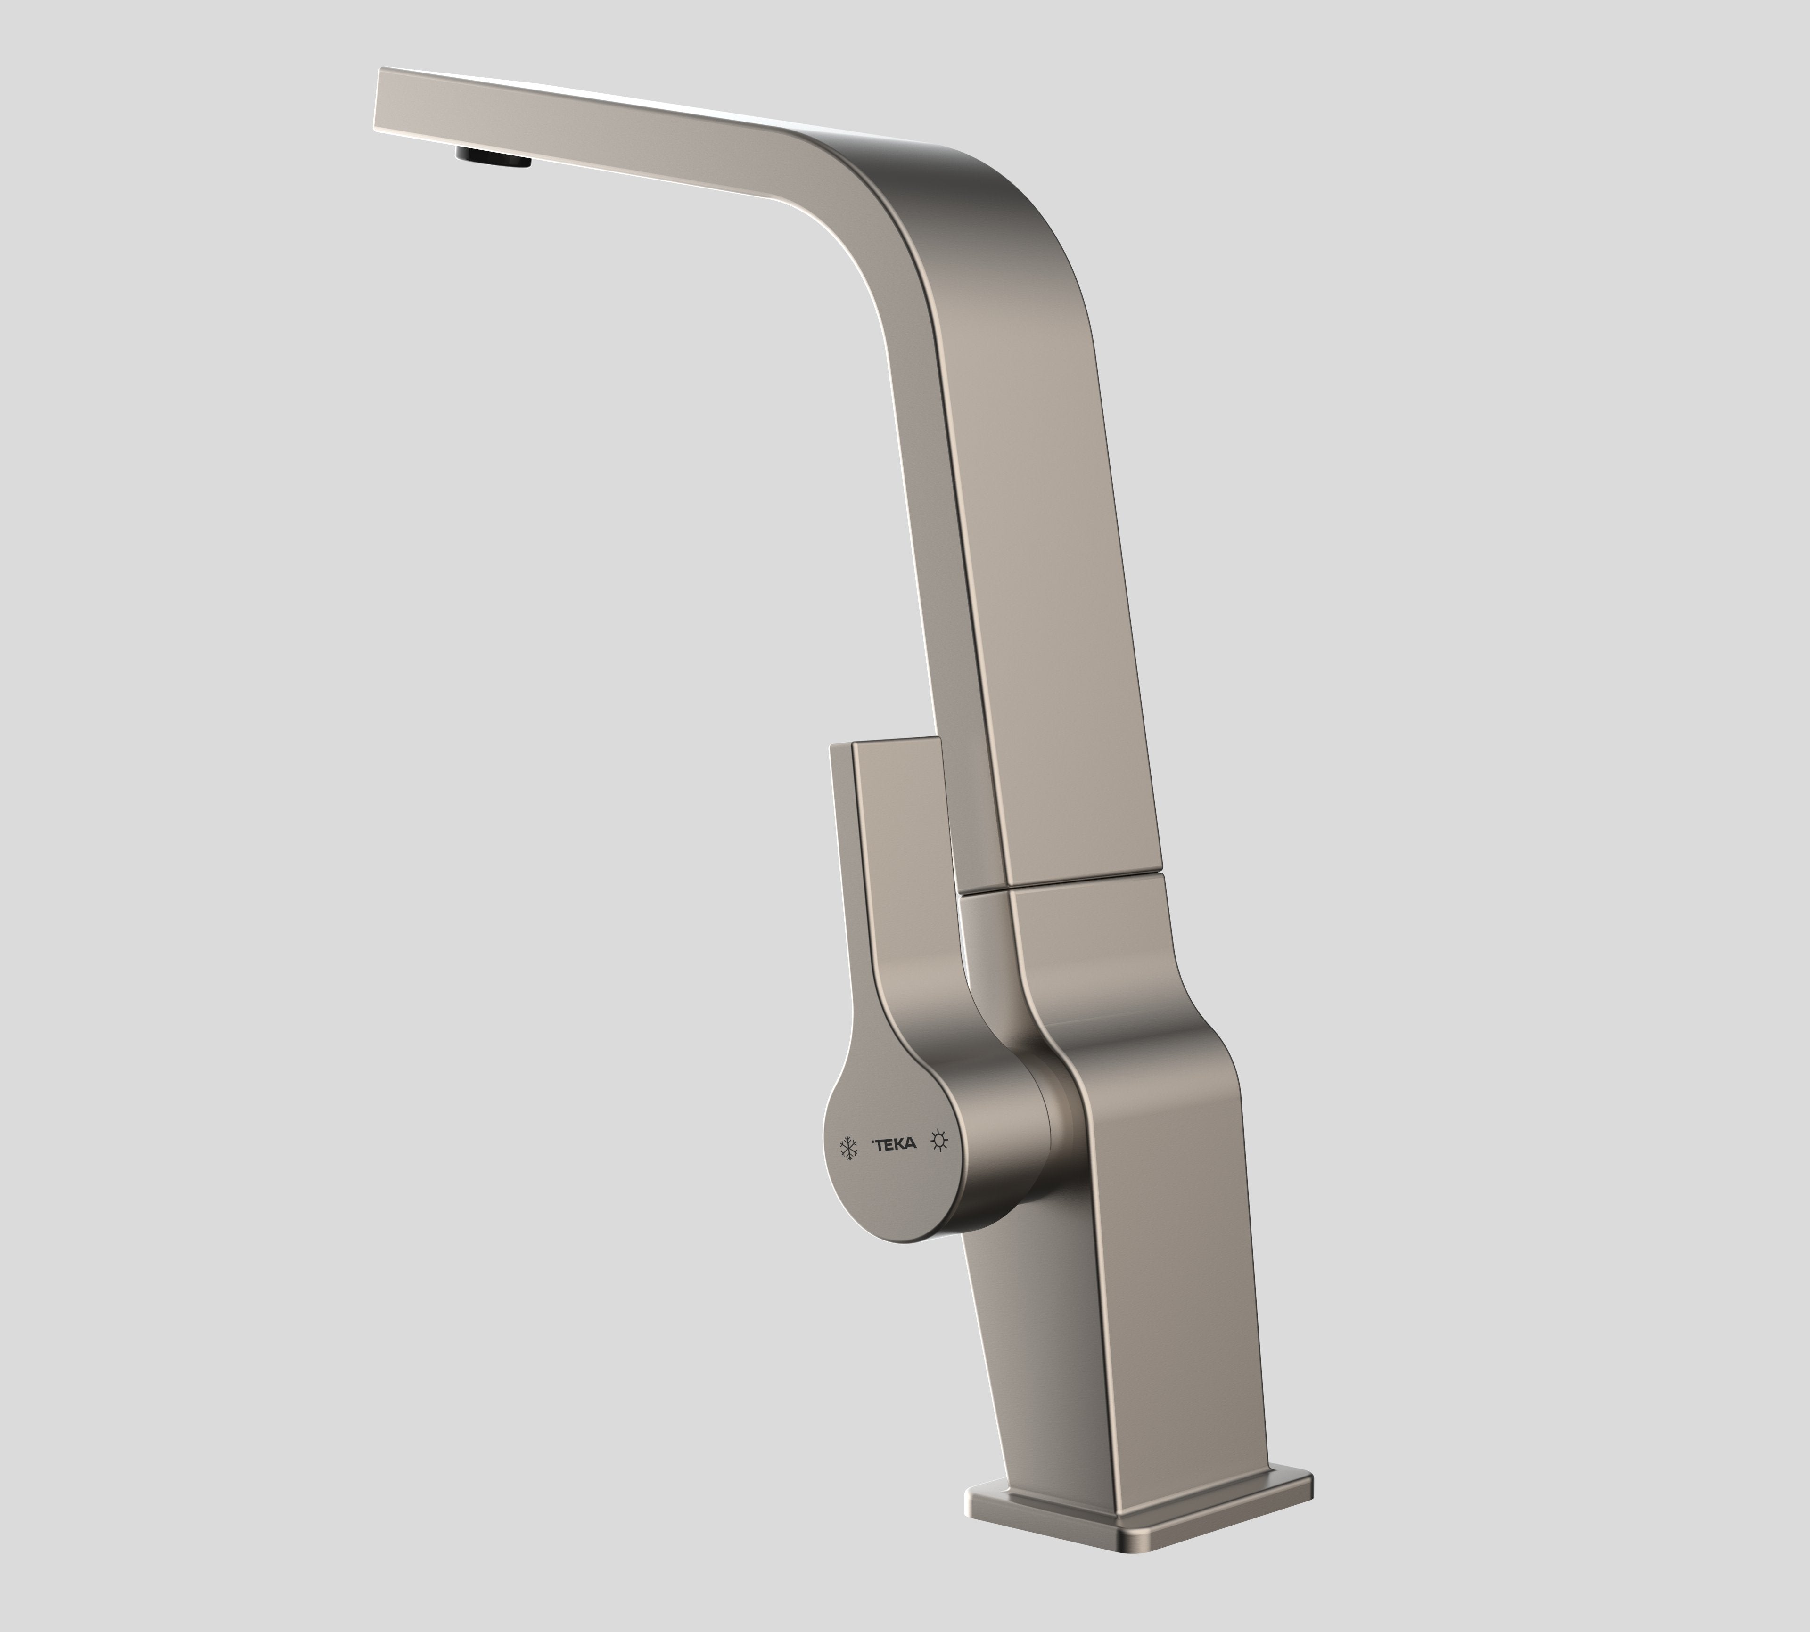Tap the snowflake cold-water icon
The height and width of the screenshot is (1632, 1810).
847,1148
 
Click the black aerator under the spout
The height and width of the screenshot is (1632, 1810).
494,158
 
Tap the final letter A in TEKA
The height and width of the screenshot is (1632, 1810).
911,1144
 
